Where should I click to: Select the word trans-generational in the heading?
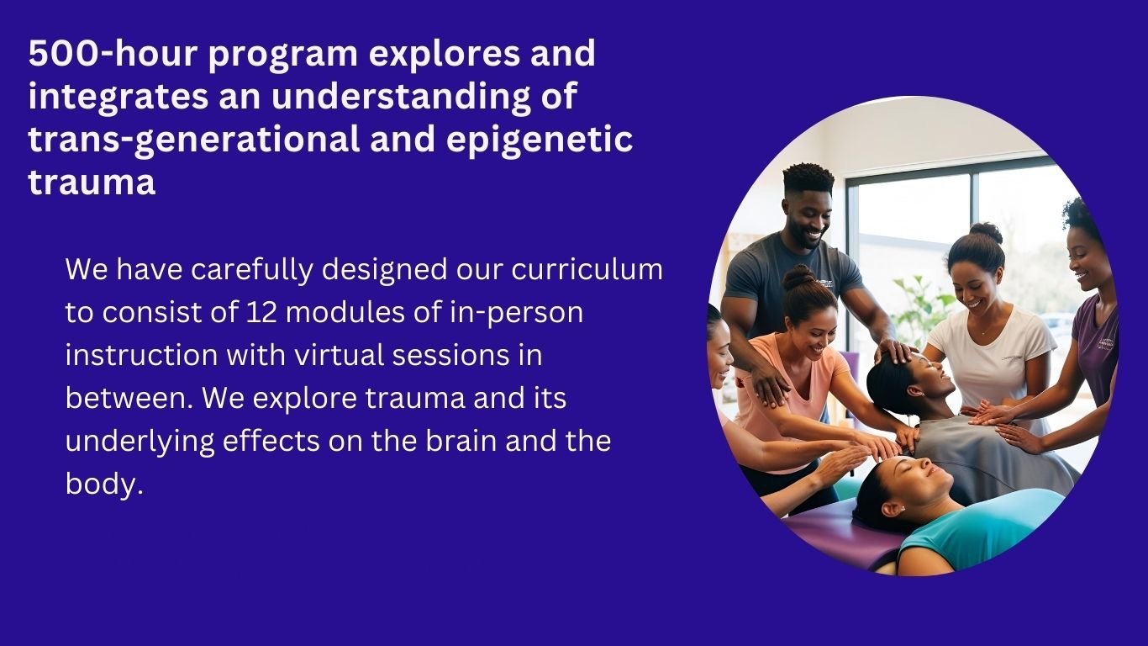click(x=194, y=140)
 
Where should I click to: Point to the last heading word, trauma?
click(x=92, y=182)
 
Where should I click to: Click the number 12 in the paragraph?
click(x=261, y=312)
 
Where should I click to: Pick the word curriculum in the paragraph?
click(x=587, y=269)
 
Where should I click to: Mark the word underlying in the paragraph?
click(x=140, y=442)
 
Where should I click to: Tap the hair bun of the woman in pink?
click(x=798, y=278)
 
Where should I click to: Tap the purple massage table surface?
click(x=840, y=536)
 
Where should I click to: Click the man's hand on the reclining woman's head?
click(x=894, y=351)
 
